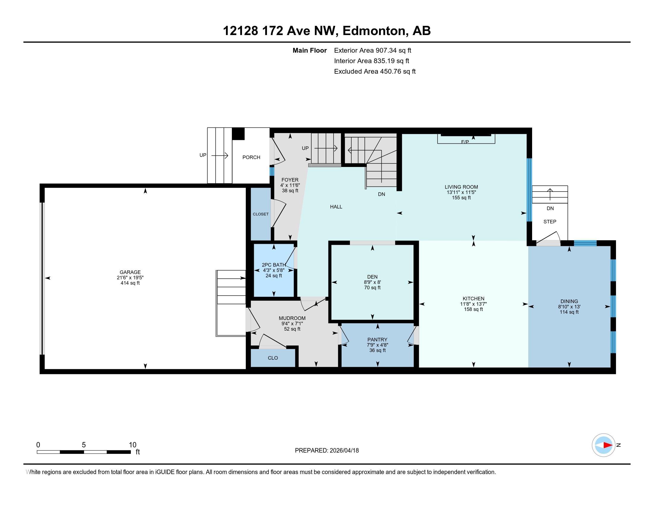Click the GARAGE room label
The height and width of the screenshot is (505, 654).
(x=130, y=272)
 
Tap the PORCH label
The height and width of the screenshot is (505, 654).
(x=251, y=157)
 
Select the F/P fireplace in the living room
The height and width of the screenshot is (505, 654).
(x=466, y=139)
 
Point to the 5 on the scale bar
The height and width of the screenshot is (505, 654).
(x=84, y=445)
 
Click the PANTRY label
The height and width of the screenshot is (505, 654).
(x=377, y=340)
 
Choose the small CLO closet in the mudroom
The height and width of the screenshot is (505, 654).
(x=273, y=358)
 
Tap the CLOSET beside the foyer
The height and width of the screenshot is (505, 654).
(x=260, y=214)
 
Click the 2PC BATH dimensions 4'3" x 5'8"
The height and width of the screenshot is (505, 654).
(x=274, y=270)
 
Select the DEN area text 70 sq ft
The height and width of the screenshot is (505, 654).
(x=372, y=288)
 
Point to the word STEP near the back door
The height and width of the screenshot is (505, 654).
(x=550, y=222)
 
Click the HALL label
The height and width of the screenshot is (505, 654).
(x=336, y=207)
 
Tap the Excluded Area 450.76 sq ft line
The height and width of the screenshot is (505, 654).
(x=375, y=72)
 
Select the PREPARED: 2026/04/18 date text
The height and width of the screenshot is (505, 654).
(x=327, y=451)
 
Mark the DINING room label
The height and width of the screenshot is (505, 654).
(x=569, y=301)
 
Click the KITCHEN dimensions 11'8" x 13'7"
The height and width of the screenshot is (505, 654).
(x=474, y=304)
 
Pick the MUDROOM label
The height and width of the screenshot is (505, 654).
(x=292, y=318)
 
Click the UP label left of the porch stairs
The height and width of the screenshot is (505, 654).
(x=203, y=155)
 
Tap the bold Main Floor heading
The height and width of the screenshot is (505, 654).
(x=310, y=50)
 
